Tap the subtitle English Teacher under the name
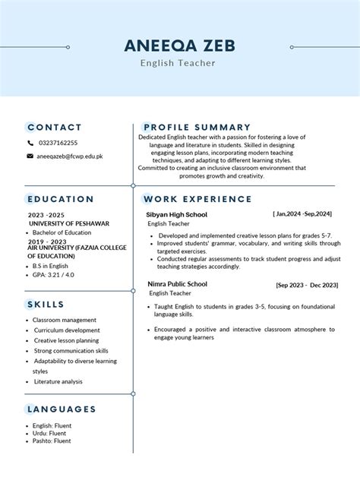178,63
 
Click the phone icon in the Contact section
30,143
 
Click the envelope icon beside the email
30,156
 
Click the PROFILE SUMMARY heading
197,127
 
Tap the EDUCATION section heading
61,199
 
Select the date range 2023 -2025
47,216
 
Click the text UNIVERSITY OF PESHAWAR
69,224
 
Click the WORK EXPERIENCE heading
197,199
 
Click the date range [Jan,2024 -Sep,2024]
302,215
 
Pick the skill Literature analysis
59,381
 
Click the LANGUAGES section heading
62,409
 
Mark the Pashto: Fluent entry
52,441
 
